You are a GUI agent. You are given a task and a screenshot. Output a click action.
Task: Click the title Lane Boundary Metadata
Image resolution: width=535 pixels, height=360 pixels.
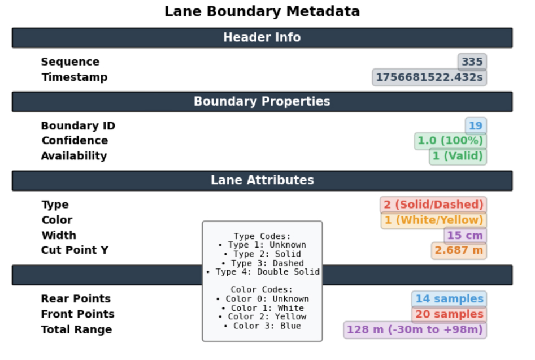coord(262,11)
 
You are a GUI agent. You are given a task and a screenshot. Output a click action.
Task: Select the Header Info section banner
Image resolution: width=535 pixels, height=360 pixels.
coord(262,37)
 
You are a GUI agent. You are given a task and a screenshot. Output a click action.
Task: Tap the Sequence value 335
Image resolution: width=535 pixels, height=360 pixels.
coord(472,62)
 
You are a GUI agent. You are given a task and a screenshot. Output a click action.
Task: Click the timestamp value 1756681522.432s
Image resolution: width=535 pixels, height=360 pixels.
coord(429,77)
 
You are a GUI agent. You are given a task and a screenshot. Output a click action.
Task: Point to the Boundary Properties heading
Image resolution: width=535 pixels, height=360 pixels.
coord(262,101)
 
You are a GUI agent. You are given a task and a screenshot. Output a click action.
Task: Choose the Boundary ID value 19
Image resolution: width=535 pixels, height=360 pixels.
coord(476,126)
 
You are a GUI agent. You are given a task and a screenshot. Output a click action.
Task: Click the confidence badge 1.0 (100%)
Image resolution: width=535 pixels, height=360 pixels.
coord(450,141)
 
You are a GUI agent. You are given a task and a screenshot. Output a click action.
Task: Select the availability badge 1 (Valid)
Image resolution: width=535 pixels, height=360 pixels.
coord(458,156)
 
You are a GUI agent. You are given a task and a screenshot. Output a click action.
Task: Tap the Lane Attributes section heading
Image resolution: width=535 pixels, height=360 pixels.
coord(262,180)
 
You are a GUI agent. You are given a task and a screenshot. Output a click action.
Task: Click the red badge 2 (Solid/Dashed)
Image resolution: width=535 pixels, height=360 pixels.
coord(433,205)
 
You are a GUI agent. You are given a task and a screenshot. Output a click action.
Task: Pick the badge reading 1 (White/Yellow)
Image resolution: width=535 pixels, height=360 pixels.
coord(434,220)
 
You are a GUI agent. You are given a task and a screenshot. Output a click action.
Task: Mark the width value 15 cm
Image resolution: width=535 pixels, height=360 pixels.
coord(465,236)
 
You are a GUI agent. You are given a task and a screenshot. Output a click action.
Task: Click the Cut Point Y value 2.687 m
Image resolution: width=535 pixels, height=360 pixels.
coord(459,250)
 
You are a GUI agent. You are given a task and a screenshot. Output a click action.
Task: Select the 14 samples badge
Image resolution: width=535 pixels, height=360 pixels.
coord(449,299)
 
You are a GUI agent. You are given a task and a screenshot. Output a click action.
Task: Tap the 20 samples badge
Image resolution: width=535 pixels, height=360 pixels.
coord(449,314)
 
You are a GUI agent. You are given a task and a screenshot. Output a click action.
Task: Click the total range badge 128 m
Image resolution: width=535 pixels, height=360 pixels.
coord(415,329)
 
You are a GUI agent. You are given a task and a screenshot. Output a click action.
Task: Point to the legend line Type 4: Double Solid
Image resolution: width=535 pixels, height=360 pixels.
coord(263,272)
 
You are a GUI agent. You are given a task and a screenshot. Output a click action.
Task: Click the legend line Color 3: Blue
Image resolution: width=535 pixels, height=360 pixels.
coord(262,326)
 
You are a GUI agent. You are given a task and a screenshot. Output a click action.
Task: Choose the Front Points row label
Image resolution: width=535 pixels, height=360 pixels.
coord(78,314)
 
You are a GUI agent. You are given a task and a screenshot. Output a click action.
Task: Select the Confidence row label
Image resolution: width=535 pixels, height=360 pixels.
coord(75,141)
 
